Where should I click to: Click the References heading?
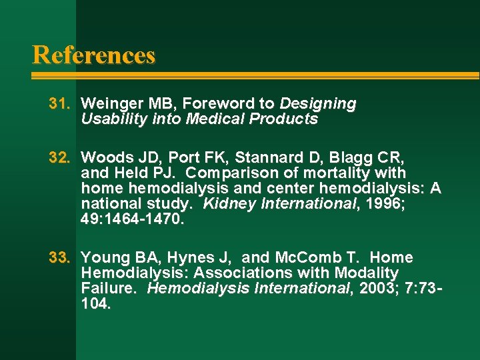point(93,55)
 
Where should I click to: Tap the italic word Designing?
point(318,104)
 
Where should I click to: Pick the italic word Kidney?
point(225,204)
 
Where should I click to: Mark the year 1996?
point(383,204)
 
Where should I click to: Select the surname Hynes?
point(191,258)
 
